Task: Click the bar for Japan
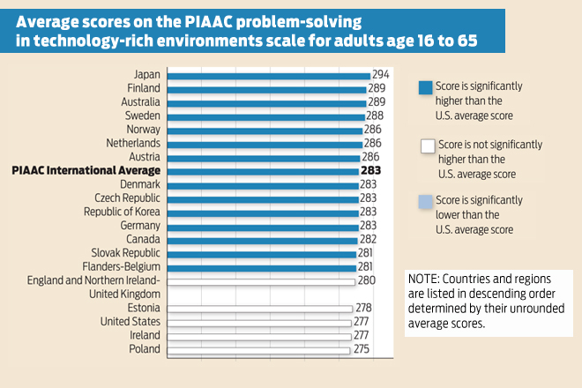[x=267, y=75]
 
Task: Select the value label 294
[x=380, y=75]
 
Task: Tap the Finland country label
[x=142, y=88]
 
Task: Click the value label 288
[x=375, y=116]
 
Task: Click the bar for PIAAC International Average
[x=262, y=170]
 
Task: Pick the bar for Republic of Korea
[x=262, y=211]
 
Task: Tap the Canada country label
[x=141, y=238]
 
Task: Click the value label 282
[x=369, y=238]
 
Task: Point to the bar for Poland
[x=258, y=348]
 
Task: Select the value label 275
[x=362, y=348]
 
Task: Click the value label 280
[x=366, y=280]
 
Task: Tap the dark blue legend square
[x=425, y=86]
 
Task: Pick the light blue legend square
[x=425, y=203]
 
